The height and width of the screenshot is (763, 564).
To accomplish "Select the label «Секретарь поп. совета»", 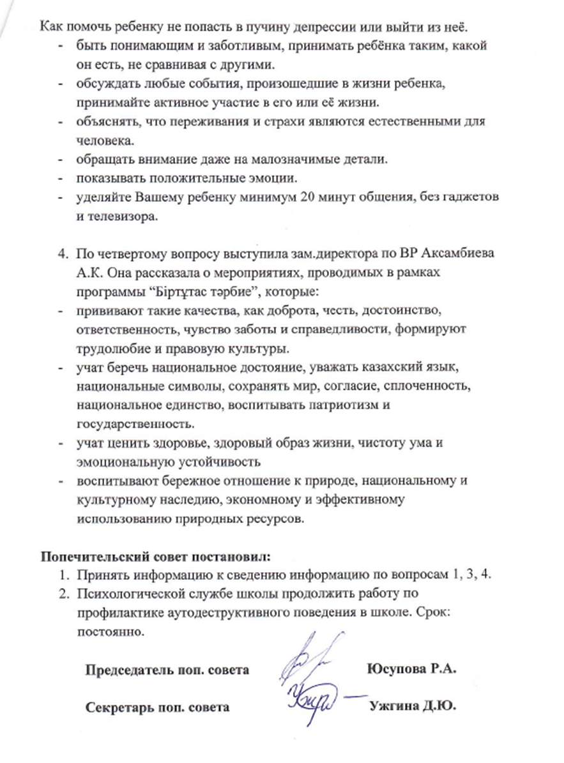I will (x=158, y=707).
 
